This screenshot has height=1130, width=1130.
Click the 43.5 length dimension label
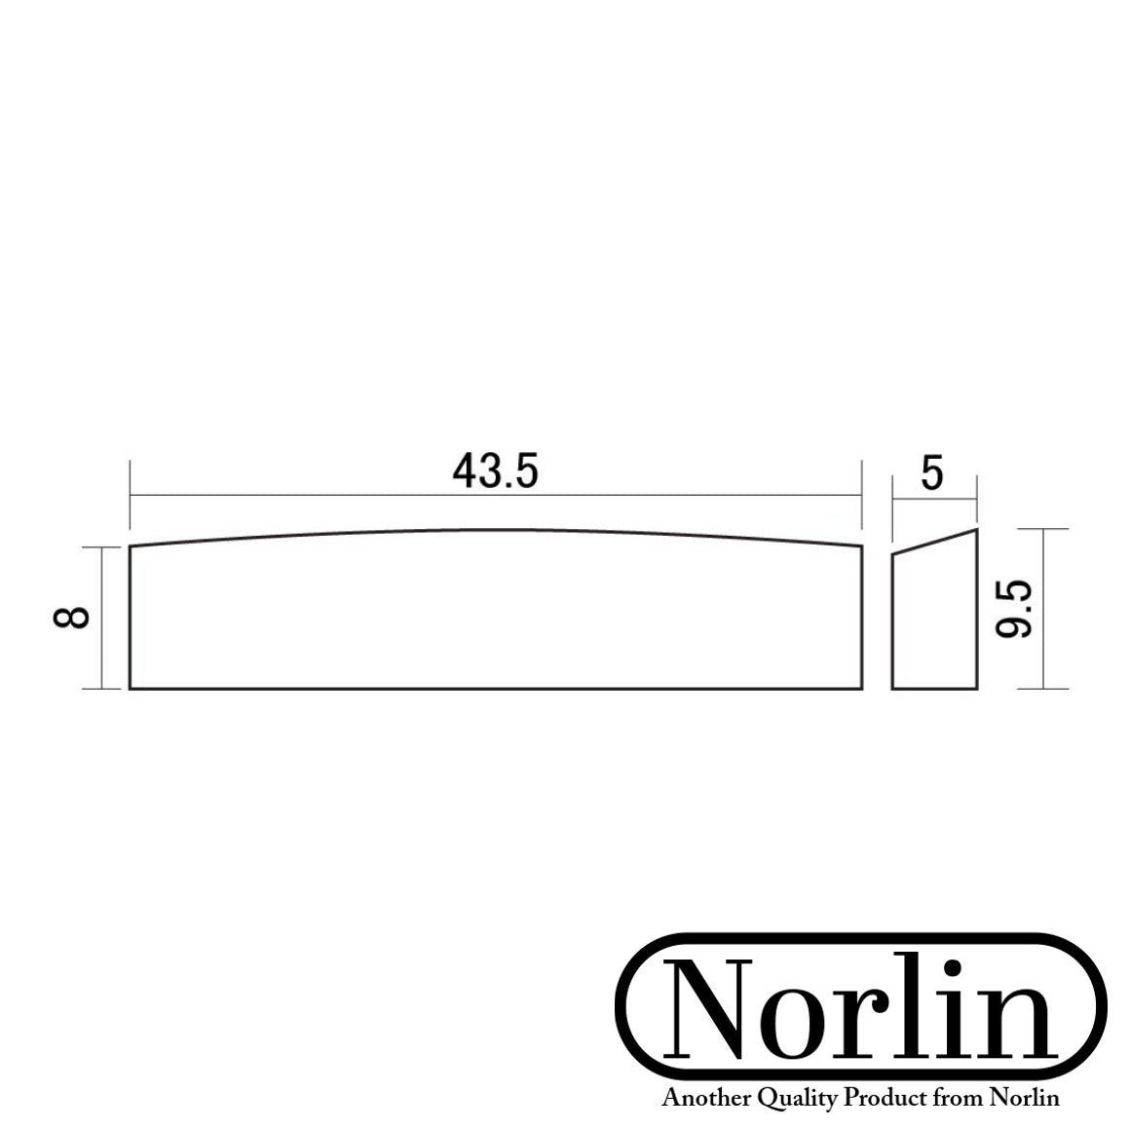coord(495,471)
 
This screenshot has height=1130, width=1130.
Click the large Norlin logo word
coord(863,1010)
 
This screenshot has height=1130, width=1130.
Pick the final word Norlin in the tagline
coord(1025,1099)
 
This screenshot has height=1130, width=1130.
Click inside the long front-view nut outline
coord(495,614)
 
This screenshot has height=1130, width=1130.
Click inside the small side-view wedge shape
coord(933,623)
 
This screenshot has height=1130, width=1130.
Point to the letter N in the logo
coord(711,1010)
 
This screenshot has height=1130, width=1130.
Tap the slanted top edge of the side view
coord(935,542)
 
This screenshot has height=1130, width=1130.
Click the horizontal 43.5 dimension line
coord(292,496)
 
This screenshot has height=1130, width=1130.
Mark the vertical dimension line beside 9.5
coord(1043,662)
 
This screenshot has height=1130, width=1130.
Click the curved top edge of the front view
coord(495,530)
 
